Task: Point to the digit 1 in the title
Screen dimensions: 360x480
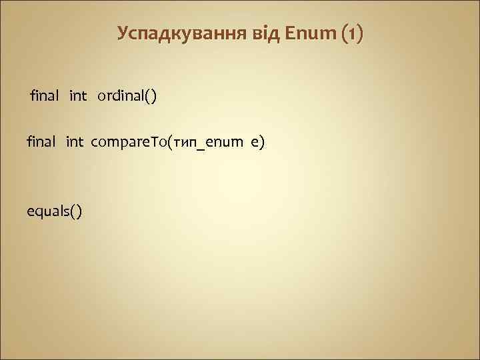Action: click(x=352, y=33)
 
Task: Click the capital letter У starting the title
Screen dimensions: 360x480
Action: click(x=123, y=33)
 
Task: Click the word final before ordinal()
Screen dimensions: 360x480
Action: click(x=44, y=97)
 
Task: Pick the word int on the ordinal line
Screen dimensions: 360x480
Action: click(x=78, y=97)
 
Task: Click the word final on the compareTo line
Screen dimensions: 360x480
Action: click(x=41, y=141)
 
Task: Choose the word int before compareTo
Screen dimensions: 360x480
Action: click(x=75, y=141)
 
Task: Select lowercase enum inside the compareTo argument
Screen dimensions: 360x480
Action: click(x=225, y=142)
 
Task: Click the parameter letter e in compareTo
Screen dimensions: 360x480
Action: click(x=254, y=142)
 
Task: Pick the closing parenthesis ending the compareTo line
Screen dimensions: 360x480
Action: click(x=263, y=142)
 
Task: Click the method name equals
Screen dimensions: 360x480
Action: click(x=47, y=211)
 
